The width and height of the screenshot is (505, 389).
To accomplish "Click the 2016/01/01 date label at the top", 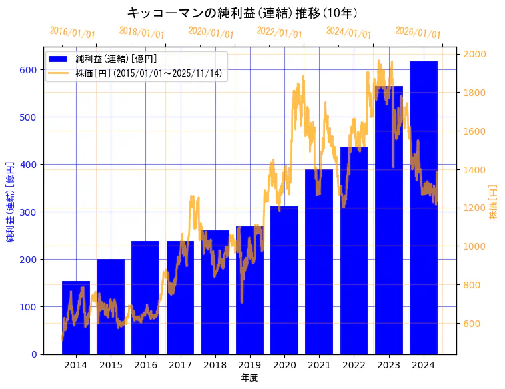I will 72,33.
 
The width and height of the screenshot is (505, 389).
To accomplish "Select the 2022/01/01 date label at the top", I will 279,33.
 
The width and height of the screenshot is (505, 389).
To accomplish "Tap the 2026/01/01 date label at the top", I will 418,33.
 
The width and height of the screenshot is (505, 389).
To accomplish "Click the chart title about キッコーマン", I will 243,13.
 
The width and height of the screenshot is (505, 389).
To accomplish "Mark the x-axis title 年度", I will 250,378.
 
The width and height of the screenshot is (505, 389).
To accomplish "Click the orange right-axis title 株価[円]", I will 494,202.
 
